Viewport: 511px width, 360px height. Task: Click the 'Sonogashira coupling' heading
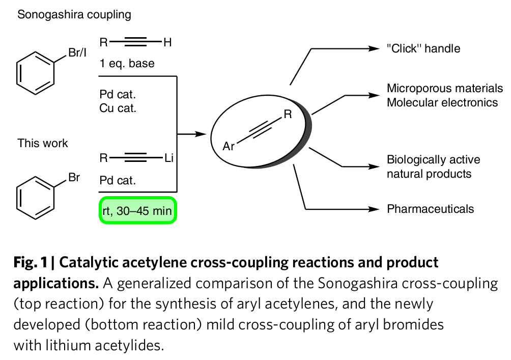[x=74, y=14]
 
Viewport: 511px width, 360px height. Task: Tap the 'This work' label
[x=43, y=143]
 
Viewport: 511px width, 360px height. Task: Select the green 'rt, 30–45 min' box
[x=137, y=209]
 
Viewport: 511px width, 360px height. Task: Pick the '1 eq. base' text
[x=127, y=64]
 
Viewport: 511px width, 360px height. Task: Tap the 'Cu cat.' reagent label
[x=118, y=107]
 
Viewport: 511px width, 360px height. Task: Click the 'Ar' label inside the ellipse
[x=230, y=147]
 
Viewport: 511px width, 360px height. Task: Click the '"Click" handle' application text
[x=423, y=49]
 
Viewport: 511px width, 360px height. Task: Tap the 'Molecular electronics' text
[x=442, y=102]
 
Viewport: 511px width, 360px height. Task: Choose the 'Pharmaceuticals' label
[x=431, y=209]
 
